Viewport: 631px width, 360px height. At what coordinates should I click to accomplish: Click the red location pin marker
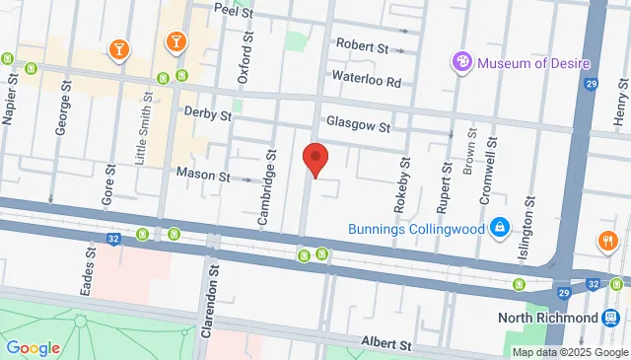315,159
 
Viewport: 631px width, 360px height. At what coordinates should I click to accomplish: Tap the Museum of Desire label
533,64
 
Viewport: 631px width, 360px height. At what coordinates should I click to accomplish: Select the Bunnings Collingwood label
417,229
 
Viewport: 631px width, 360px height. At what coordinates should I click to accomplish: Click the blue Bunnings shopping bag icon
500,227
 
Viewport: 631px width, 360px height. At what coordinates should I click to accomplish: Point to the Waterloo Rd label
366,81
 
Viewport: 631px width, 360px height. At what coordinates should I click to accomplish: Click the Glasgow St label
361,126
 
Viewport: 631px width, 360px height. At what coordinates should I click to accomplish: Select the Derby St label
207,114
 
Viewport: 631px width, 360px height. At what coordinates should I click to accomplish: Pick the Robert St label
362,45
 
